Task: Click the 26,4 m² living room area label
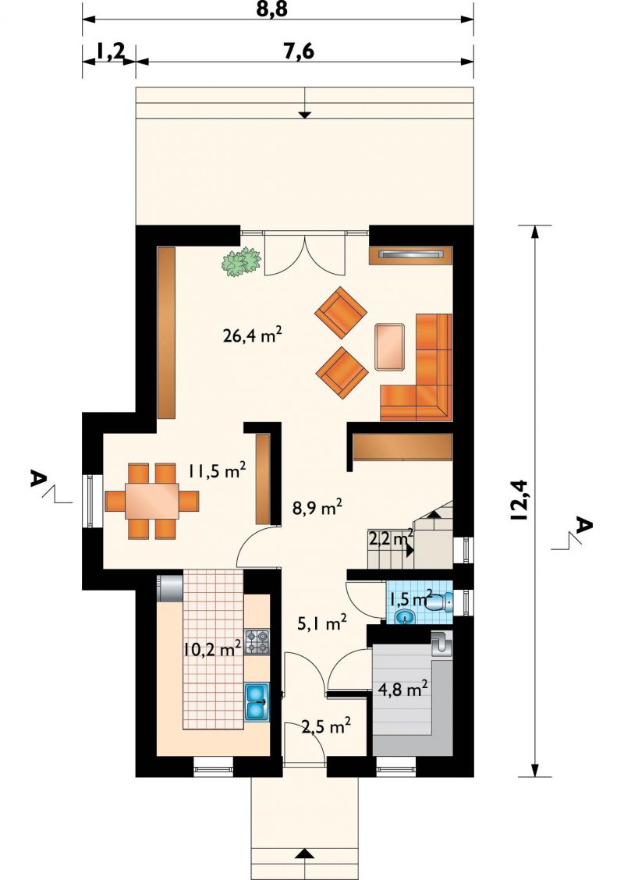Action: [x=252, y=336]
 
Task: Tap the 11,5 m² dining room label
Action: [x=217, y=470]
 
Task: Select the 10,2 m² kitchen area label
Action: [x=213, y=649]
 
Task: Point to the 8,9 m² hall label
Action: [x=317, y=509]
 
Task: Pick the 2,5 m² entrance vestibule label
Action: [x=326, y=727]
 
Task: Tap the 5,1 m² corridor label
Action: [x=321, y=623]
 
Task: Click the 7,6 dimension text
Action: [x=299, y=51]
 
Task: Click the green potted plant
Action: [x=243, y=262]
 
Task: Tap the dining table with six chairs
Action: [x=151, y=501]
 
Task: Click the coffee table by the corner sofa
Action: [x=391, y=347]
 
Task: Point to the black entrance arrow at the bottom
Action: [x=303, y=870]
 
